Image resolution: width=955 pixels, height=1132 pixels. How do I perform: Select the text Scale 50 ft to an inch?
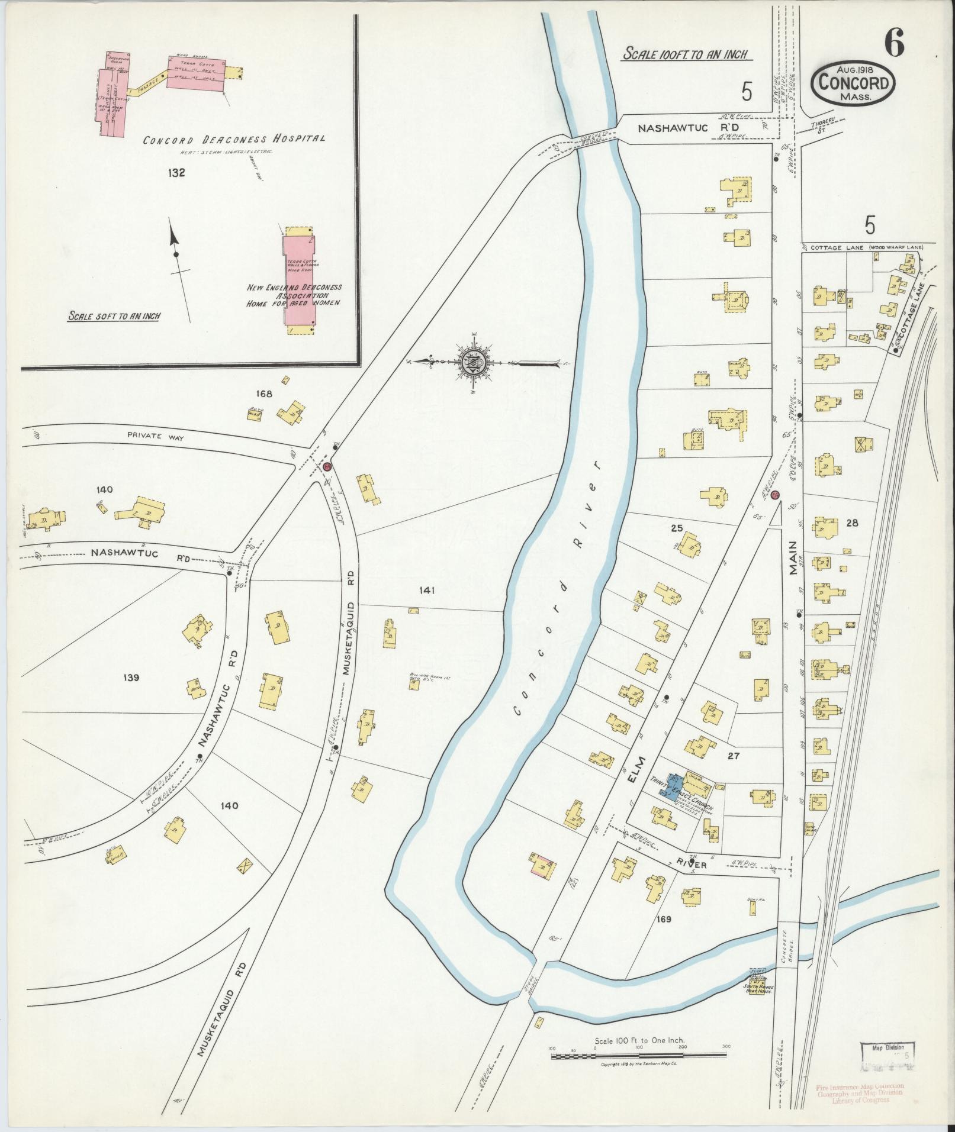(x=114, y=316)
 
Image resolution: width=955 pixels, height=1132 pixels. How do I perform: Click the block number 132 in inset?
(x=176, y=173)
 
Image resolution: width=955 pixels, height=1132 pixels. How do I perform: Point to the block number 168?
(x=263, y=394)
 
